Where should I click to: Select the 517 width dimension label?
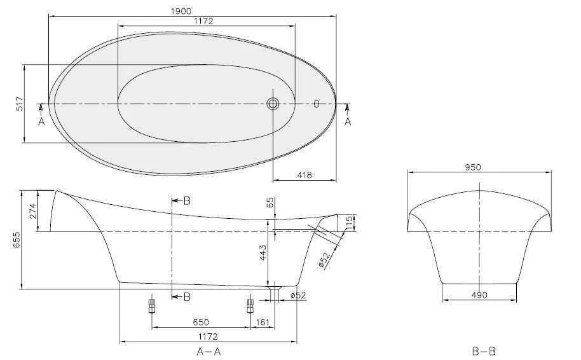pos(19,104)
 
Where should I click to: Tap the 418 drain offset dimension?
pos(304,175)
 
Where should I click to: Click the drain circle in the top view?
pos(273,104)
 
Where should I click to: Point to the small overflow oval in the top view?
pos(316,104)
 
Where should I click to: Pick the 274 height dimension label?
pos(32,211)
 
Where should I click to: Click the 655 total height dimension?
pos(17,240)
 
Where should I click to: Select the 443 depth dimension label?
pos(263,253)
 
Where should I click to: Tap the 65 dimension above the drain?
pos(270,203)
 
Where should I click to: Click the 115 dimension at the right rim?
pos(349,223)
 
